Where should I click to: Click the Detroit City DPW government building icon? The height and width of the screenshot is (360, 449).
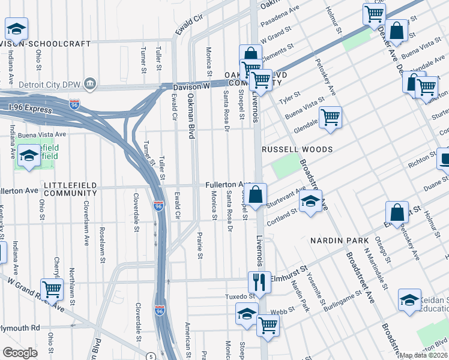pos(89,82)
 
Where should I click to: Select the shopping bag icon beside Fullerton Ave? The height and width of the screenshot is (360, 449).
pos(255,194)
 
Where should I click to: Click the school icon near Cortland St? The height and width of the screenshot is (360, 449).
pos(309,203)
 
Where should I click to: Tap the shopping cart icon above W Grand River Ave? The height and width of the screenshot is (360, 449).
pos(52,289)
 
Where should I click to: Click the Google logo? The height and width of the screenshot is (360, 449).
pos(20,352)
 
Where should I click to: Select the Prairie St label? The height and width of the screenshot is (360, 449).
pos(200,247)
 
